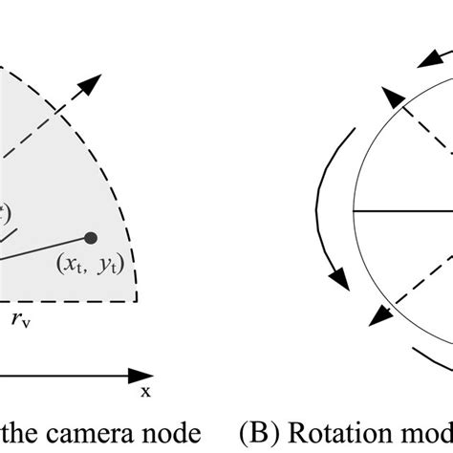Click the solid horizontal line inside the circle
point(401,209)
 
